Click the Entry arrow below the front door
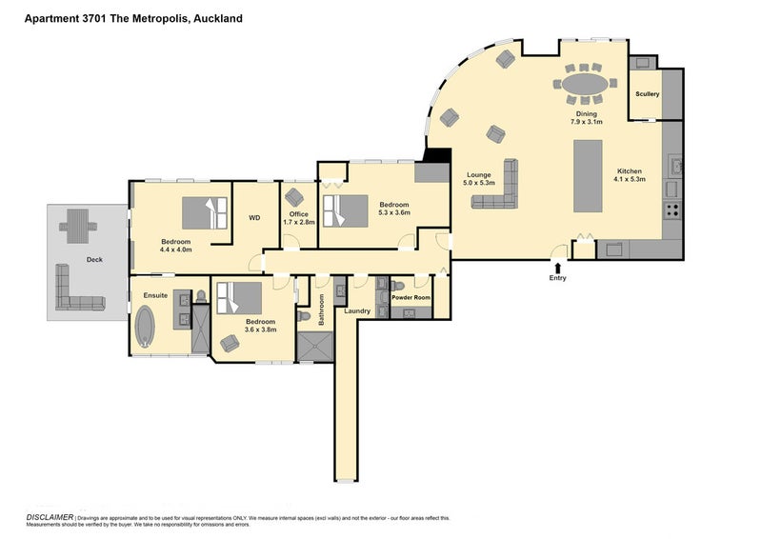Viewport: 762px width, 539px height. pyautogui.click(x=557, y=267)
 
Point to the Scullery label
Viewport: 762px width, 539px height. pyautogui.click(x=647, y=94)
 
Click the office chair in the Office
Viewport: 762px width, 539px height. pyautogui.click(x=294, y=197)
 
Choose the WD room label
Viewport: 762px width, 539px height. pyautogui.click(x=254, y=218)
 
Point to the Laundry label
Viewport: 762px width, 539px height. pyautogui.click(x=357, y=311)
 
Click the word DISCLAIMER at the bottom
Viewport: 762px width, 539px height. pyautogui.click(x=50, y=517)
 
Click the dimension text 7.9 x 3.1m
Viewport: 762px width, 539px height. pyautogui.click(x=588, y=122)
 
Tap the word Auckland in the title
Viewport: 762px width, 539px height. pyautogui.click(x=215, y=18)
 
